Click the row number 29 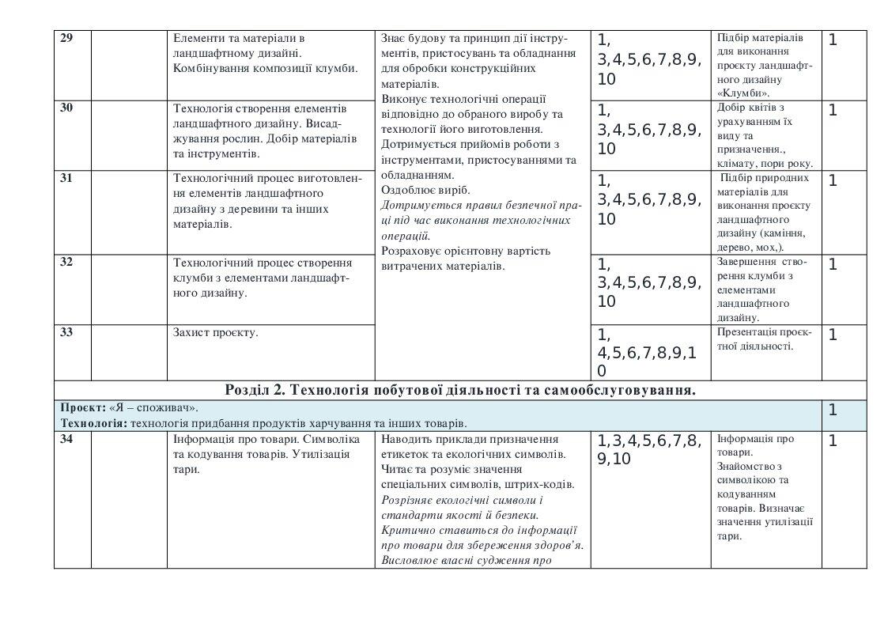(x=66, y=38)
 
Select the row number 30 (x=66, y=108)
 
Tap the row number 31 (x=66, y=178)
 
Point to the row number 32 (x=66, y=262)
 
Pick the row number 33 (x=66, y=332)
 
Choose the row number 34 (x=66, y=439)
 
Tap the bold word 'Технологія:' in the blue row (x=95, y=423)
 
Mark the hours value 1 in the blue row (x=832, y=410)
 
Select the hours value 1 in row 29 (x=832, y=40)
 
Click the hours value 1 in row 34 (x=832, y=441)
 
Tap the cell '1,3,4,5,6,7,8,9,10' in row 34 (x=648, y=449)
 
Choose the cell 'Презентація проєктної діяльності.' (x=764, y=339)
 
